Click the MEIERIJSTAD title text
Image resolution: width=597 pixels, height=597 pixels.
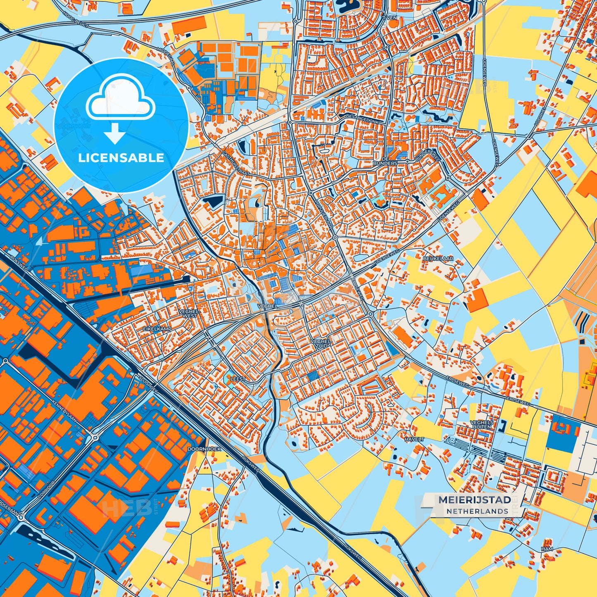click(474, 499)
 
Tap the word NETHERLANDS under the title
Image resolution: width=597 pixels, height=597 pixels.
click(477, 511)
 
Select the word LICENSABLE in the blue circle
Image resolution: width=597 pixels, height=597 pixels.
click(121, 158)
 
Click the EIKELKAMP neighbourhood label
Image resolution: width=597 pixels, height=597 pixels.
click(157, 328)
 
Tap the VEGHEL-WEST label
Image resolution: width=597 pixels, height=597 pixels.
click(190, 314)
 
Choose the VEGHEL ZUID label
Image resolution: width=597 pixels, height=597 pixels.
click(322, 344)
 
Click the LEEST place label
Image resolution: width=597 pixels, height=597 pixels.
click(238, 379)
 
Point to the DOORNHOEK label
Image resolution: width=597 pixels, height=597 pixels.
click(204, 449)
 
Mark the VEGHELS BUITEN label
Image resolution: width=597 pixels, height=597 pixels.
click(482, 424)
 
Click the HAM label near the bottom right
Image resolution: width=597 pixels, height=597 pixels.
click(547, 549)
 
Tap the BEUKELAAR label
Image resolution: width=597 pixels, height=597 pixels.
click(438, 259)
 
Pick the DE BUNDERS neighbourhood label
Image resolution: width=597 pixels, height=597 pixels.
click(385, 161)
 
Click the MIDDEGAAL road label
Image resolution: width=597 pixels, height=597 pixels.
click(166, 55)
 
